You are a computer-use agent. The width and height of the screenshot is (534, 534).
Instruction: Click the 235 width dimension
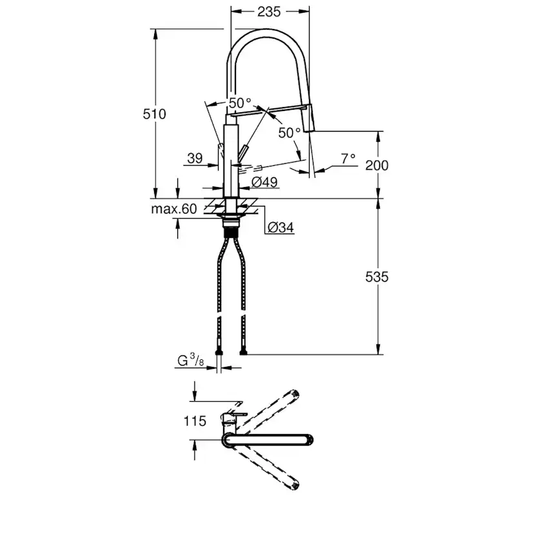point(269,12)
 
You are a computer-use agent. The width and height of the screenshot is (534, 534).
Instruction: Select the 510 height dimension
point(154,114)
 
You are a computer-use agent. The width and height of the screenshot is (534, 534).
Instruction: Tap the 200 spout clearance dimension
point(377,166)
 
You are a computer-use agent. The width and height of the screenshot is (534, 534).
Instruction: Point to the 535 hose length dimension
point(377,277)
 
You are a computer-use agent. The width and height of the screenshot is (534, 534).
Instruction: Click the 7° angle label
point(348,159)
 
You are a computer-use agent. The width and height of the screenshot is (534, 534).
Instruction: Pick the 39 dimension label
point(195,158)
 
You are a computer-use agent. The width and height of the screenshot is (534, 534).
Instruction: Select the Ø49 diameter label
point(264,183)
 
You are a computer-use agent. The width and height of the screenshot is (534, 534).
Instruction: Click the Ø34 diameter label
point(281,227)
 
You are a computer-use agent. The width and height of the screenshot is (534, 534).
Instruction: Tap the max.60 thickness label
point(174,209)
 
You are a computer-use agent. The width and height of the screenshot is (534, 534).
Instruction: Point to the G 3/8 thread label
point(191,360)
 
